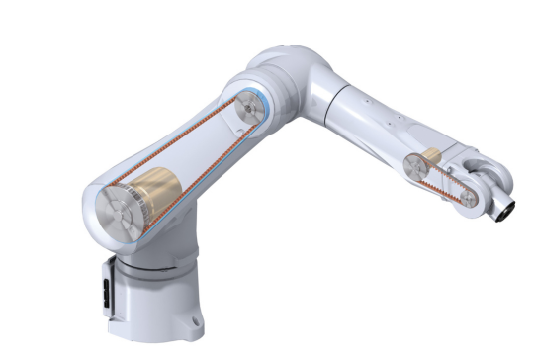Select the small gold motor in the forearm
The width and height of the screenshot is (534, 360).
click(x=431, y=157)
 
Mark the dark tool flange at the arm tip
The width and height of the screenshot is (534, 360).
click(x=507, y=209)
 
